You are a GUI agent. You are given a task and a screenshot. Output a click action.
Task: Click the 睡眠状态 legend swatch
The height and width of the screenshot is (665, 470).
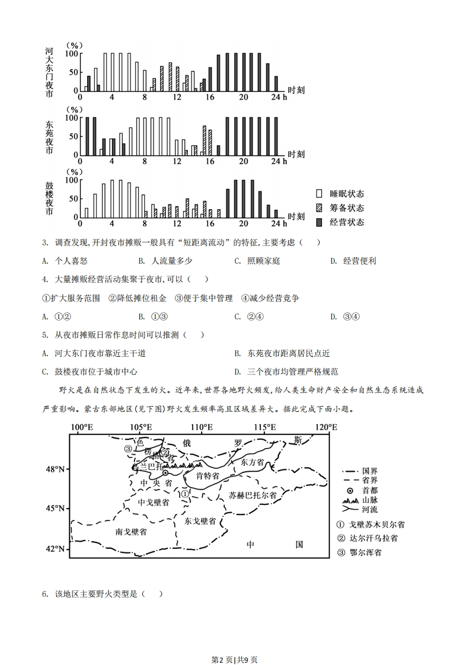(319, 194)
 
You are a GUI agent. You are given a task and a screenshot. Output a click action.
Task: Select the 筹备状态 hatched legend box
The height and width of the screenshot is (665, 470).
(319, 208)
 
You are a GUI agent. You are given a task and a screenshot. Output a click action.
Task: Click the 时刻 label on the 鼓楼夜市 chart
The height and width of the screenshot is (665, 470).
(296, 218)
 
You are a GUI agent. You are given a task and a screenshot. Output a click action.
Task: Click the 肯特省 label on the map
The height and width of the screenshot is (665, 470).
(207, 476)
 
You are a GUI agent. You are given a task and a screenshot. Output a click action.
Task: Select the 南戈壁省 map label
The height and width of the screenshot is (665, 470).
(131, 532)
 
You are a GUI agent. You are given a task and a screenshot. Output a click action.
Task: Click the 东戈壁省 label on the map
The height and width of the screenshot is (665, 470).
(200, 521)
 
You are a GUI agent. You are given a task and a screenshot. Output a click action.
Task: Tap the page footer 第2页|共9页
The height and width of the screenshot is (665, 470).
(235, 643)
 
